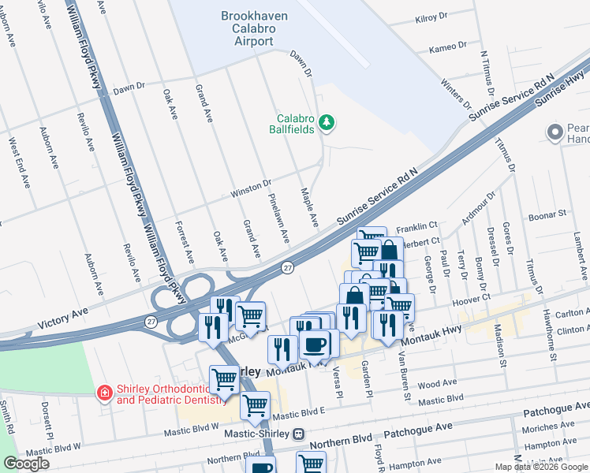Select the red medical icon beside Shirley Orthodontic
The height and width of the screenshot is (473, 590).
pyautogui.click(x=103, y=393)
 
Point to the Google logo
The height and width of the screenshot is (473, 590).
pyautogui.click(x=26, y=464)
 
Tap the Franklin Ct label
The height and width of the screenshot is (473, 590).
pyautogui.click(x=416, y=226)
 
